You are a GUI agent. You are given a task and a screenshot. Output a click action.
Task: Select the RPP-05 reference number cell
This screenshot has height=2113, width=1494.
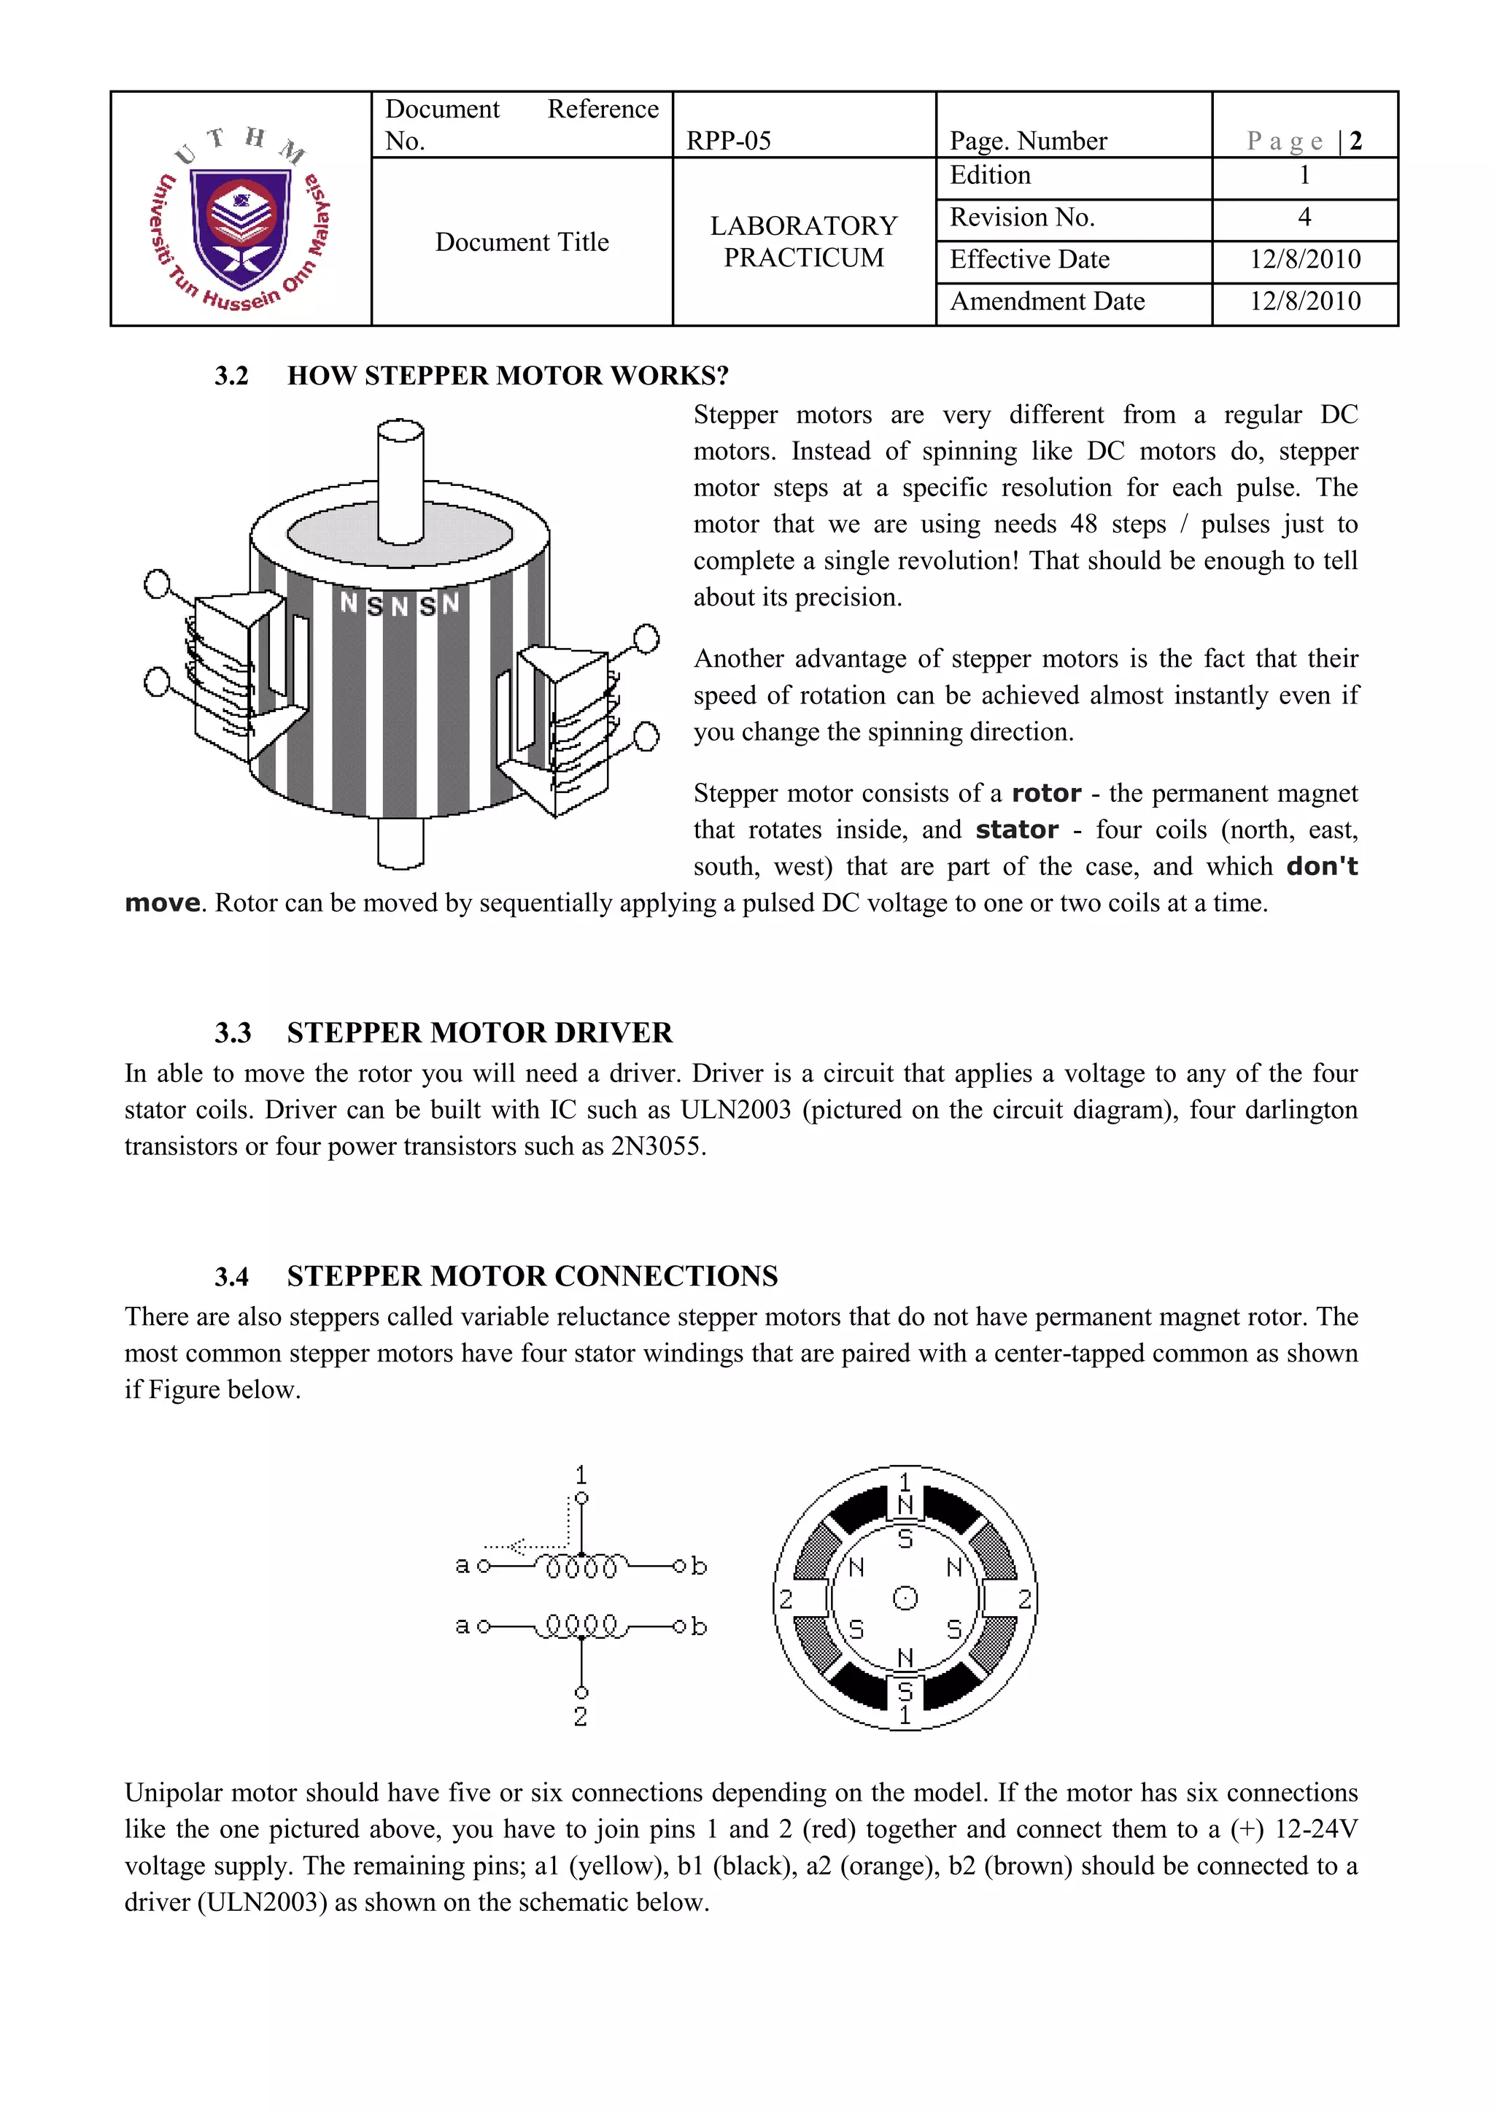729,141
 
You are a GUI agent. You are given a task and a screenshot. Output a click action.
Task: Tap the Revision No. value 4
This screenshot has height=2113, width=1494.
1304,217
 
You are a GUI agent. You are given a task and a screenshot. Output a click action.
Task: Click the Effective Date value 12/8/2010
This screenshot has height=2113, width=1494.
1304,260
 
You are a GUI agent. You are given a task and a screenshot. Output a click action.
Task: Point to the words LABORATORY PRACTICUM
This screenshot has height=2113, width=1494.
803,241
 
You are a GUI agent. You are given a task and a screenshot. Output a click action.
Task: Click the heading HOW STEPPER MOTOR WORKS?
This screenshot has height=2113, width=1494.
507,376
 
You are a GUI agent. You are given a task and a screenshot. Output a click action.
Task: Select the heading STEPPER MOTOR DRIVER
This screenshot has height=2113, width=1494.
479,1032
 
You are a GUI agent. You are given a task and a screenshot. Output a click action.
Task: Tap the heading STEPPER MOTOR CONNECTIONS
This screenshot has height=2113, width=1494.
532,1276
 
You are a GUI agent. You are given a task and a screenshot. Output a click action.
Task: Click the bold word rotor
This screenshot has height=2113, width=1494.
1046,793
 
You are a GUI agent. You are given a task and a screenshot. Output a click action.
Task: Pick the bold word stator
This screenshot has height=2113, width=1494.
1016,830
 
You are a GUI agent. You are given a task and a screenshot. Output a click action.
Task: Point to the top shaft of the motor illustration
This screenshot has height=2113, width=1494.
401,479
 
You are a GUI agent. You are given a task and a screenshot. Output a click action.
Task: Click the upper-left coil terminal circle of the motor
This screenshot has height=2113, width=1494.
158,584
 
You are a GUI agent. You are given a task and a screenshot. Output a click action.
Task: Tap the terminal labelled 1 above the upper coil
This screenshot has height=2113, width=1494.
581,1498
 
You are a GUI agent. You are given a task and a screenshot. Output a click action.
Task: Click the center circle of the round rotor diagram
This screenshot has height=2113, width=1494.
905,1599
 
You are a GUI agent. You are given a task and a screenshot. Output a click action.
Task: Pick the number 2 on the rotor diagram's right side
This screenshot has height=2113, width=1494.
1024,1599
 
